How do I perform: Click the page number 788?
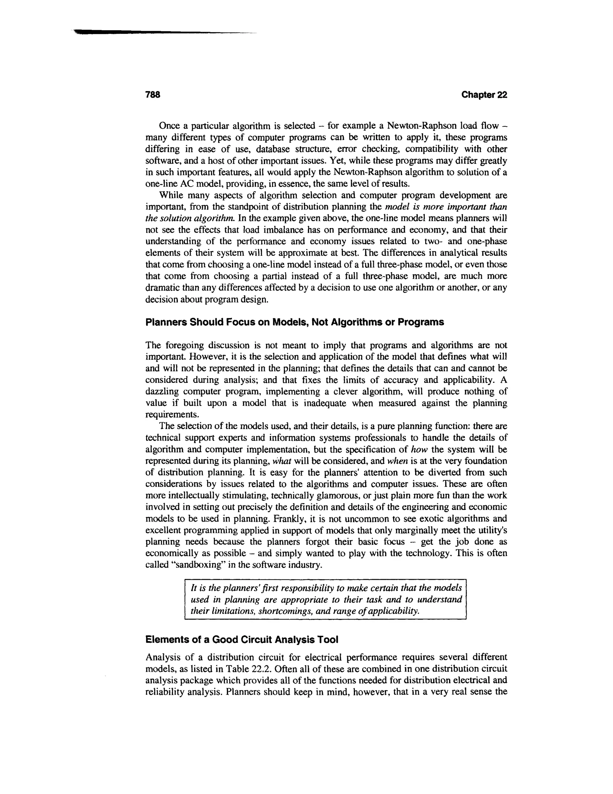153,95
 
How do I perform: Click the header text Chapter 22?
484,95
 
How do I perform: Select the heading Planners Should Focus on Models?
294,322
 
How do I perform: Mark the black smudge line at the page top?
145,32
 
